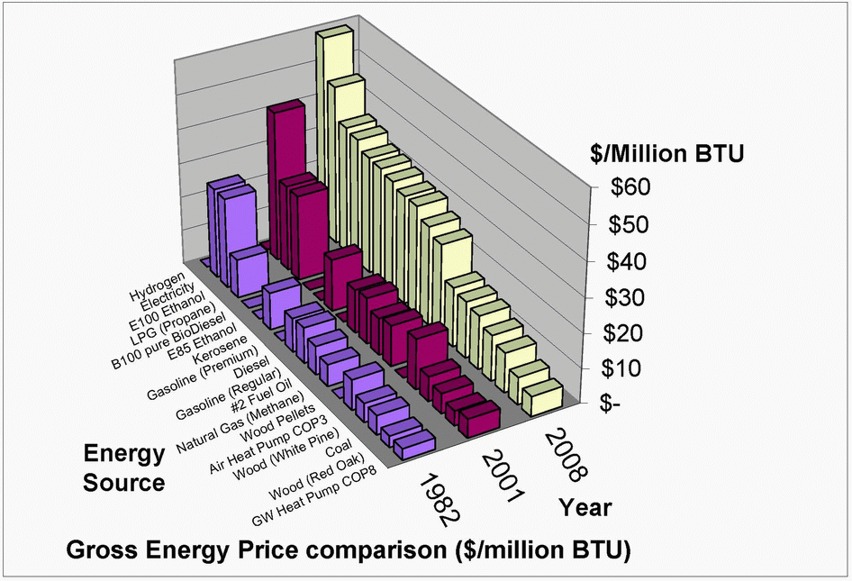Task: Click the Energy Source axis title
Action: [x=124, y=467]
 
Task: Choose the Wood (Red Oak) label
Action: [x=321, y=486]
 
